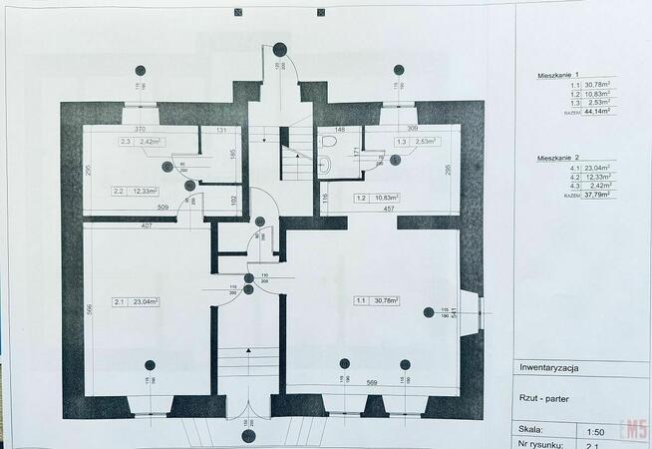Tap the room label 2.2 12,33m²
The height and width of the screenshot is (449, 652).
132,191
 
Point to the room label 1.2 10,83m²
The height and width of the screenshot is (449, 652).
377,198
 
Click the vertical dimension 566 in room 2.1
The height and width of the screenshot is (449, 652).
89,310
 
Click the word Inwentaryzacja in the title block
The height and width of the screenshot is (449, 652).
549,368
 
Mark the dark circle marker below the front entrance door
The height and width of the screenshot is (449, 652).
248,435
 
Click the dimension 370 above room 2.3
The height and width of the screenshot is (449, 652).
141,131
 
